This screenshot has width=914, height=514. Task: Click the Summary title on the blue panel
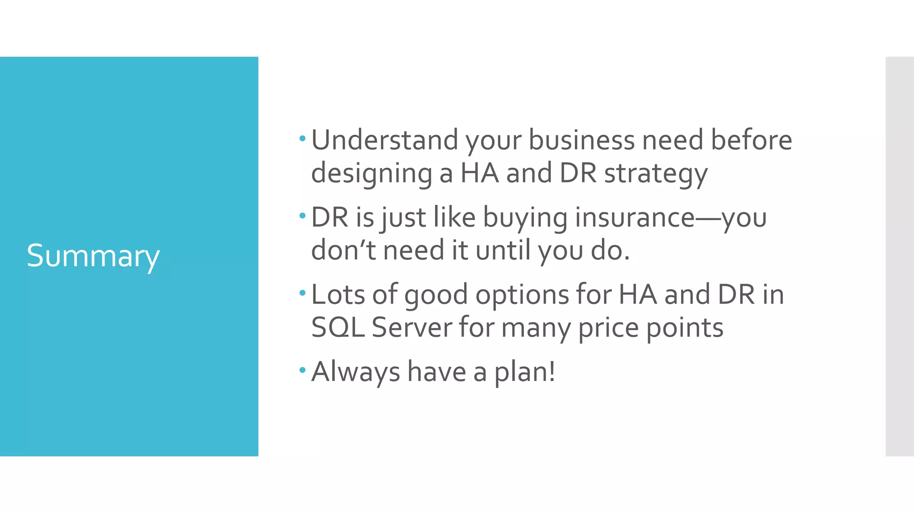(x=93, y=256)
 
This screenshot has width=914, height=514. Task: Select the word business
(x=582, y=140)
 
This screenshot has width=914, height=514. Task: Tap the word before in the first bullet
(x=751, y=140)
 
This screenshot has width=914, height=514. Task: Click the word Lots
(x=338, y=294)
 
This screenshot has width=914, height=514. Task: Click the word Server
(x=411, y=327)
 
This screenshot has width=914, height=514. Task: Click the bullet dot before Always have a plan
(x=303, y=370)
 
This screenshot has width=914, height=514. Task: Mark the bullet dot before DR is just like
(x=303, y=216)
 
